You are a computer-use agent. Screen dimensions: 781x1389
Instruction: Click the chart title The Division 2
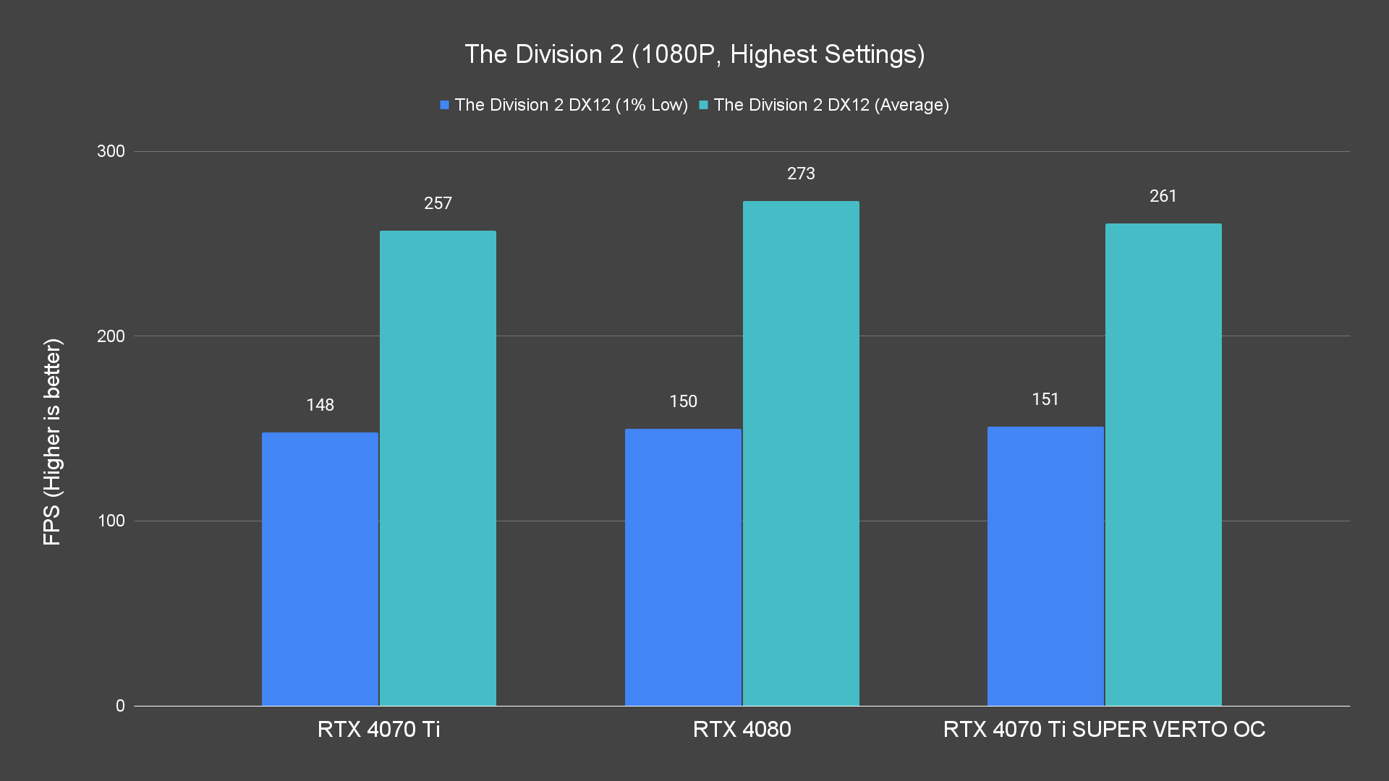coord(694,54)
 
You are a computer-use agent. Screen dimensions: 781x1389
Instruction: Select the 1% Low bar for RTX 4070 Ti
coord(320,569)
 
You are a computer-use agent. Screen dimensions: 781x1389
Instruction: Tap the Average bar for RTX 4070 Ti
coord(438,468)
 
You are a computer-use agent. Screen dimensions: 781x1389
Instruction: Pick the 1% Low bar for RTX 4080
coord(683,567)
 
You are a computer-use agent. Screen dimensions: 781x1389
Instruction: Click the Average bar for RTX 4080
coord(801,453)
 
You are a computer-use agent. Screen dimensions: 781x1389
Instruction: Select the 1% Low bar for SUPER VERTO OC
coord(1045,566)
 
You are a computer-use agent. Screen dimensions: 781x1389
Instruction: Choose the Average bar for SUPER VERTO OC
coord(1163,464)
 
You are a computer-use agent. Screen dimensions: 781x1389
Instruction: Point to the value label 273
coord(801,174)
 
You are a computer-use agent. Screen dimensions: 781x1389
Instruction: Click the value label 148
coord(320,405)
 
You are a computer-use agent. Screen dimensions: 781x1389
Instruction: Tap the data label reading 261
coord(1163,196)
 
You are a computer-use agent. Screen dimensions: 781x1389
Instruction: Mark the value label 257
coord(438,203)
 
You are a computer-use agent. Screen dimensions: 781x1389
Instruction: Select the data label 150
coord(683,401)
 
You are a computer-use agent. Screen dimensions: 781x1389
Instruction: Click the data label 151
coord(1045,399)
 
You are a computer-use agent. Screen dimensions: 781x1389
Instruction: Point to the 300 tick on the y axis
coord(111,151)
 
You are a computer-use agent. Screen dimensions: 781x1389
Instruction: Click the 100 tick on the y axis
coord(111,521)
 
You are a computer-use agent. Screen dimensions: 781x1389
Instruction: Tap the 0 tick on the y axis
coord(120,706)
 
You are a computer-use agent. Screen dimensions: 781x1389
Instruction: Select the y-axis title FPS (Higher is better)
coord(52,441)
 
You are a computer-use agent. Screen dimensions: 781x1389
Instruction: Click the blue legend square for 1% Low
coord(444,105)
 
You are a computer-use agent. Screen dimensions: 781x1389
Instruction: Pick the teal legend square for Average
coord(703,105)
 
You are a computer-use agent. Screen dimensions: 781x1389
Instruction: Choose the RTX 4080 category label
coord(742,729)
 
